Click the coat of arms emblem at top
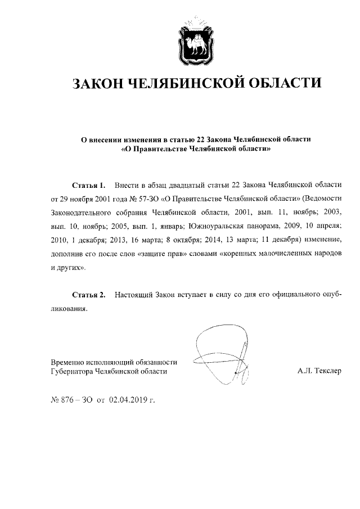click(x=196, y=39)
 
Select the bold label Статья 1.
click(x=88, y=185)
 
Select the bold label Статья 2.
click(x=88, y=295)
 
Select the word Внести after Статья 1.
click(x=126, y=185)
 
